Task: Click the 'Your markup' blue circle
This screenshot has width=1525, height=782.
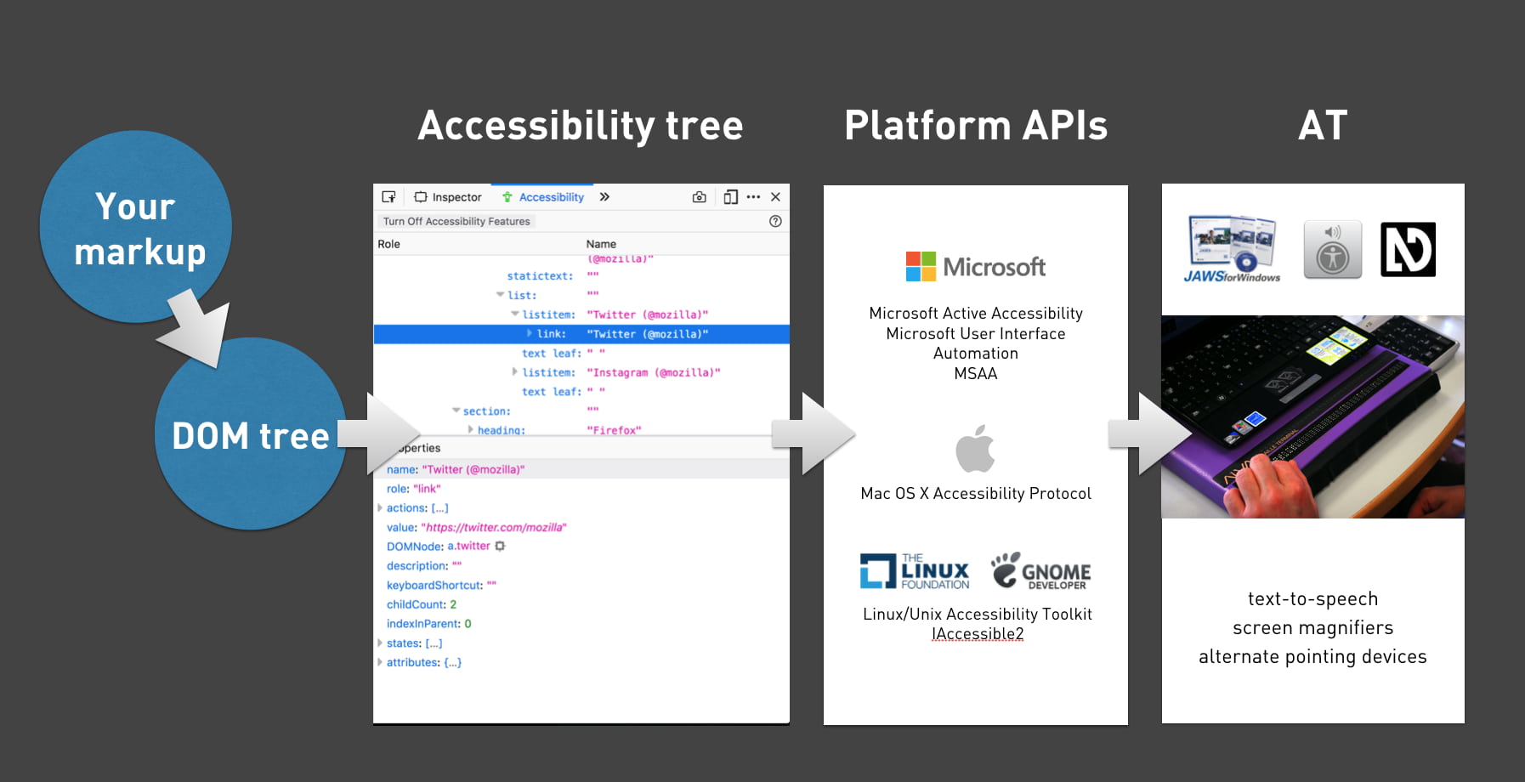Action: (x=136, y=227)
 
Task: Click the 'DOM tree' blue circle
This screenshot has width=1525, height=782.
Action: (x=250, y=434)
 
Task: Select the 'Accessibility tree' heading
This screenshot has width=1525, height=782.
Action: (x=581, y=126)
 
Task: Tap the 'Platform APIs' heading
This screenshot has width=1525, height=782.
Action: (x=976, y=126)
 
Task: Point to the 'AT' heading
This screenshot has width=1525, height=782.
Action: (x=1323, y=126)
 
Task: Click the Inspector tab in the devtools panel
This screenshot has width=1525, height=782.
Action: (x=448, y=197)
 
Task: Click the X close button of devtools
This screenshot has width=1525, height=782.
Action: (x=775, y=197)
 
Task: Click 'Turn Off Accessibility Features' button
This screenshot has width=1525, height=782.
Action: (x=456, y=221)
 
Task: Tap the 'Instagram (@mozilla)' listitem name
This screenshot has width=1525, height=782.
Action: (x=653, y=372)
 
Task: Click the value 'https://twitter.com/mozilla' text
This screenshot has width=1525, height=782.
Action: (x=493, y=527)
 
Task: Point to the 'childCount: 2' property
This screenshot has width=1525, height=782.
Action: (x=422, y=604)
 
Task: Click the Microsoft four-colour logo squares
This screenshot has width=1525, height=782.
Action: (x=921, y=266)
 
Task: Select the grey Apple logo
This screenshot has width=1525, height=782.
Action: (x=975, y=448)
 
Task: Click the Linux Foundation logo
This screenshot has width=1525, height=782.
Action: (x=914, y=571)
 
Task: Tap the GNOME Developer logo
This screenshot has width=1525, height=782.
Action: (x=1040, y=571)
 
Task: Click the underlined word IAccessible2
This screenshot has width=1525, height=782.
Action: (x=978, y=634)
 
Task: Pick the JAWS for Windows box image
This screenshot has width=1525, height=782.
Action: (x=1233, y=248)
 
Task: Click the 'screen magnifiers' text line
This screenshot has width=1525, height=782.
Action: (x=1312, y=628)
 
